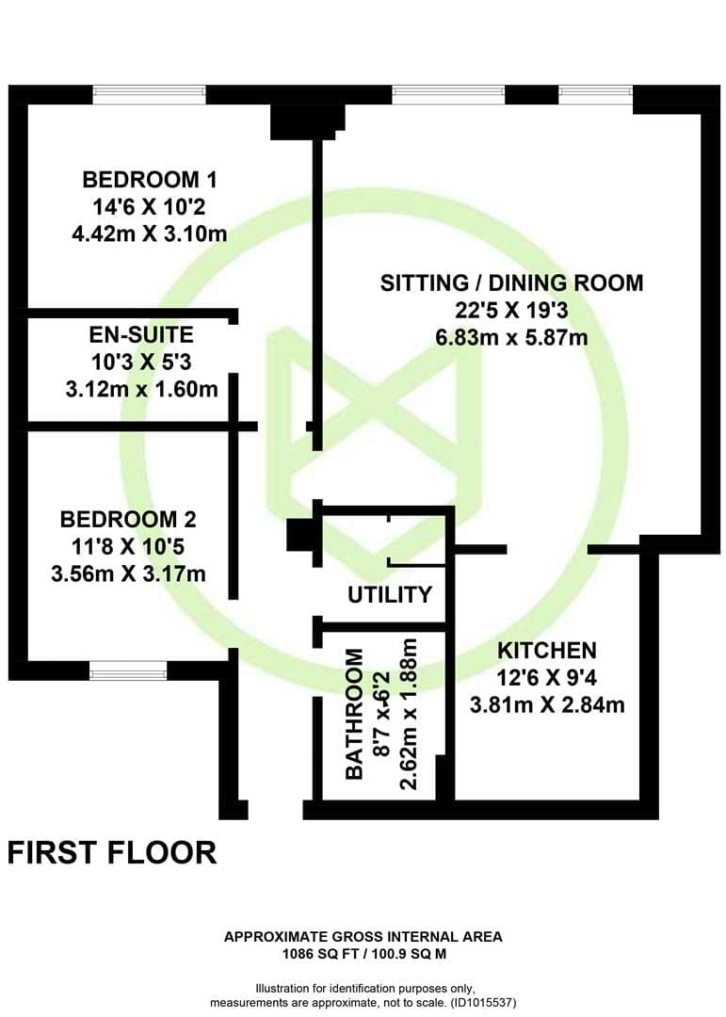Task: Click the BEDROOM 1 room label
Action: coord(149,179)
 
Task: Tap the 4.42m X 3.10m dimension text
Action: coord(149,234)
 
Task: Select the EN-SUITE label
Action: coord(141,334)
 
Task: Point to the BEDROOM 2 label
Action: coord(128,519)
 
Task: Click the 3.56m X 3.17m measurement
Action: coord(128,573)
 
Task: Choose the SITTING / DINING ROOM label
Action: coord(511,282)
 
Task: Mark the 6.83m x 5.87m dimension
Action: coord(511,337)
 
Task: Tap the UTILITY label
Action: coord(389,594)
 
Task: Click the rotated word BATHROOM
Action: coord(354,714)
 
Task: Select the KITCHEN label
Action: coord(547,650)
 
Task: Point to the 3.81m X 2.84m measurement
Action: coord(547,704)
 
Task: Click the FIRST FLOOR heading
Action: coord(112,852)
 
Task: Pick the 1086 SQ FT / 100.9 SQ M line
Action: coord(364,954)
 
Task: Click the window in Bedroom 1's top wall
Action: coord(149,95)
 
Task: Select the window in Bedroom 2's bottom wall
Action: coord(128,671)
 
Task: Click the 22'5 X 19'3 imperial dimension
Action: coord(511,310)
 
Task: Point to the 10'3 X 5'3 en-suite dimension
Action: coord(141,362)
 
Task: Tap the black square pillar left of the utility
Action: coord(300,536)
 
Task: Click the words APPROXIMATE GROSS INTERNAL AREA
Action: coord(363,937)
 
